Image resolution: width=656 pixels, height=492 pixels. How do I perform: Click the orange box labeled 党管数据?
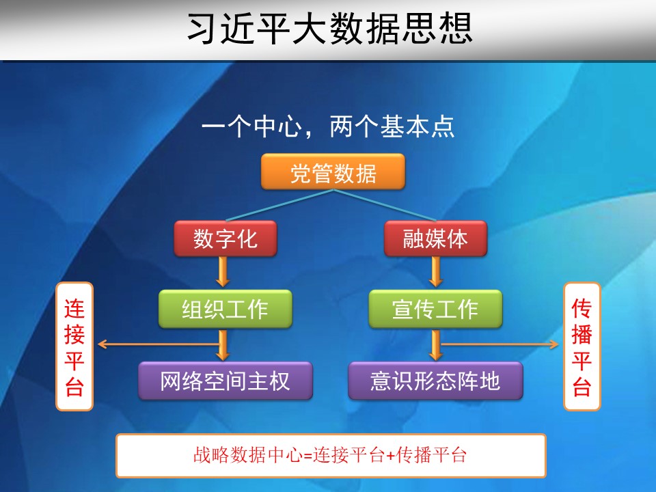click(333, 172)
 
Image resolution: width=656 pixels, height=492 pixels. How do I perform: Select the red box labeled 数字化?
click(225, 238)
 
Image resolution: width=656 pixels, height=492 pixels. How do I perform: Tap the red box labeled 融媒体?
click(435, 238)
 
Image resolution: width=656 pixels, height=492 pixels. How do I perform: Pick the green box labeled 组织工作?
click(225, 309)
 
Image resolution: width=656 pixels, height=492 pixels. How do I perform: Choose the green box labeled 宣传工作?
click(435, 309)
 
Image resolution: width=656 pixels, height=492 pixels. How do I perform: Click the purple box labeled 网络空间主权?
click(225, 381)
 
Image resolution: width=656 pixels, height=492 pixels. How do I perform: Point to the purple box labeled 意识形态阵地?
click(435, 381)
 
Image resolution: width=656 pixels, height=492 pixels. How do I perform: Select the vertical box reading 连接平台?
click(74, 346)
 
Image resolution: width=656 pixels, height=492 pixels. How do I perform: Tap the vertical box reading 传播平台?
click(582, 346)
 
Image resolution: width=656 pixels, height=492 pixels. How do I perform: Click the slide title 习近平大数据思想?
click(329, 29)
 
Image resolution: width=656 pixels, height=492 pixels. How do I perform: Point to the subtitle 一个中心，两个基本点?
click(328, 126)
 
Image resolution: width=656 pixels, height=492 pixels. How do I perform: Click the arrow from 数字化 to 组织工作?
click(223, 272)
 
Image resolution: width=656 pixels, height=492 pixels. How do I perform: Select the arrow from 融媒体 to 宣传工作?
click(435, 272)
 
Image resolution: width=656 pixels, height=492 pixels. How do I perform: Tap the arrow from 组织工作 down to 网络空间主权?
click(223, 345)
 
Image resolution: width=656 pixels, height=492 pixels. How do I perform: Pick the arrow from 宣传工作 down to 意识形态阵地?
click(435, 345)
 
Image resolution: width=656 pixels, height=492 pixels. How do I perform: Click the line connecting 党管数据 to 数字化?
click(279, 205)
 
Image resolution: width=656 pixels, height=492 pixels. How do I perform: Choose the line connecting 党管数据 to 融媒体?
click(385, 205)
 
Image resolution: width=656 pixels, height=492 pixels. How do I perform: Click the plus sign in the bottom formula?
click(390, 456)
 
